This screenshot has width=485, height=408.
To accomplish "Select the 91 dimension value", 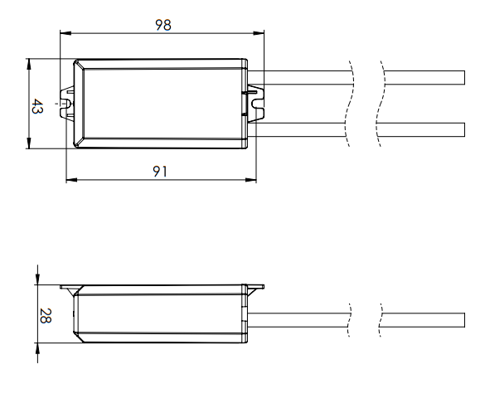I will tap(161, 170).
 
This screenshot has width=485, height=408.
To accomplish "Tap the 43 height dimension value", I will tap(37, 105).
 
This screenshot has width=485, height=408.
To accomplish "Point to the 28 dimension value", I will tap(46, 316).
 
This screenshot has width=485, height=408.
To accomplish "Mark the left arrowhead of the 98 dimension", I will tap(65, 34).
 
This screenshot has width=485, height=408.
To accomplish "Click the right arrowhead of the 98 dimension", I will tap(260, 34).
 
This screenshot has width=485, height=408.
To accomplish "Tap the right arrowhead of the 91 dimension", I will tap(252, 180).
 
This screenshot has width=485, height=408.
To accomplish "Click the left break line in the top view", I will tap(352, 104).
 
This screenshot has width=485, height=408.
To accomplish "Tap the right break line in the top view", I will tap(381, 104).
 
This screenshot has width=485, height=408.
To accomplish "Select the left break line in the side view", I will tap(351, 320).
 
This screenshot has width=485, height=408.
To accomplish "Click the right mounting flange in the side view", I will tap(256, 287).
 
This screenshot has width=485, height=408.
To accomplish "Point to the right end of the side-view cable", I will tap(463, 320).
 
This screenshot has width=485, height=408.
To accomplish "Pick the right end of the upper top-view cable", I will tap(463, 78).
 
